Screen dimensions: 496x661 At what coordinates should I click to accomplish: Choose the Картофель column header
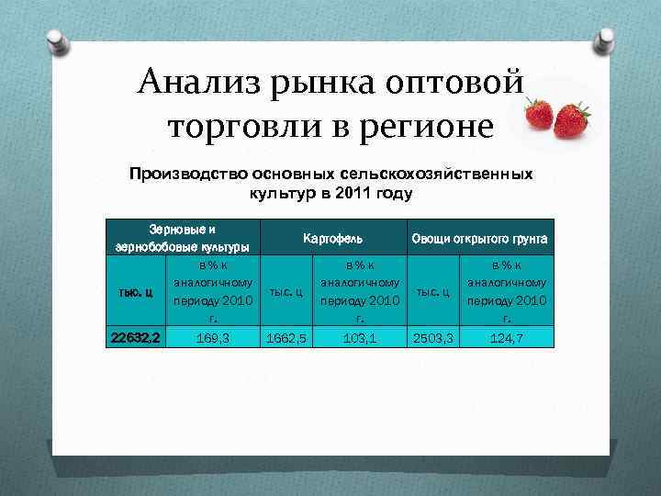[331, 239]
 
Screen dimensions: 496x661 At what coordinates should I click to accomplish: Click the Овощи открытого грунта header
[479, 239]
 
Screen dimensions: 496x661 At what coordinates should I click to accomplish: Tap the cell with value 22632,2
[136, 338]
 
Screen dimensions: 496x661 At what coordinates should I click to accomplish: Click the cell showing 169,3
[212, 338]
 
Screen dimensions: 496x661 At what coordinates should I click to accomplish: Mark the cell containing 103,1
[359, 338]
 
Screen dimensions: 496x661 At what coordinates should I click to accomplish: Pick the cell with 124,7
[507, 338]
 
